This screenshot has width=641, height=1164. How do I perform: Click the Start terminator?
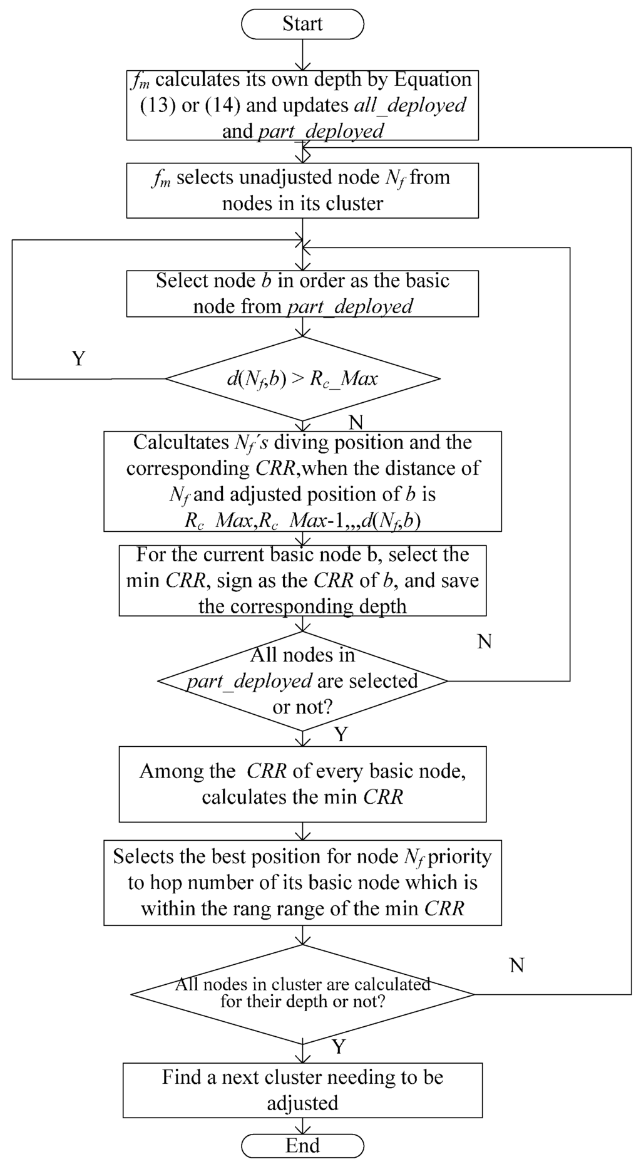tap(302, 24)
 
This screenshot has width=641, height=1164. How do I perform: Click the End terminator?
tap(302, 1145)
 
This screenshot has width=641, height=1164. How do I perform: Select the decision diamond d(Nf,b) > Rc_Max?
tap(302, 378)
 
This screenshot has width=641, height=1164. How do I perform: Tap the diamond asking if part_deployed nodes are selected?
tap(302, 681)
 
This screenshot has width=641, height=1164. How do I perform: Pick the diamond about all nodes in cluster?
tap(302, 994)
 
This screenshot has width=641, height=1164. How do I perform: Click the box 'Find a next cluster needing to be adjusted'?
tap(302, 1090)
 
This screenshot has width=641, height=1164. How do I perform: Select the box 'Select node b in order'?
tap(302, 293)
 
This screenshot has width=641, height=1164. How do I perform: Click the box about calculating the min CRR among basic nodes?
tap(302, 784)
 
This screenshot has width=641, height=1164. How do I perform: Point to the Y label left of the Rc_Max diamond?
tap(78, 358)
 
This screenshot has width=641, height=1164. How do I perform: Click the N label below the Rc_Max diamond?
tap(356, 423)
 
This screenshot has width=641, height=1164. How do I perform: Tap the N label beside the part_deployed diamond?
tap(485, 642)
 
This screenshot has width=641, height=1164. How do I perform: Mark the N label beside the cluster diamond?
tap(516, 965)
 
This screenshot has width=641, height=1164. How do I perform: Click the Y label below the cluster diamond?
tap(339, 1046)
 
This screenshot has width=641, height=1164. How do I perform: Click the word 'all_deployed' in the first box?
tap(410, 105)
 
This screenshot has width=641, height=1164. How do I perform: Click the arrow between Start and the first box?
tap(302, 55)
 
